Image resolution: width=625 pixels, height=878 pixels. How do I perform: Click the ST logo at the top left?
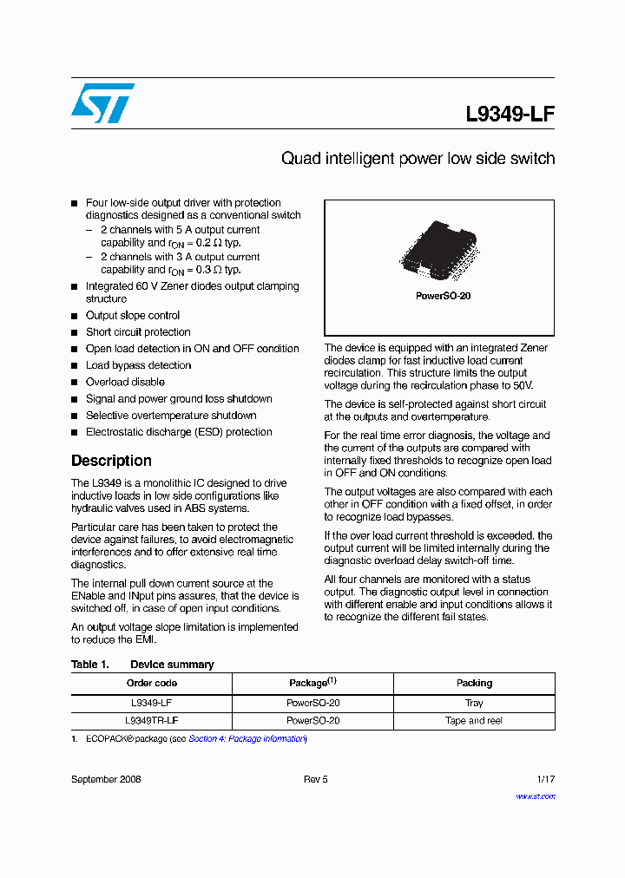tap(102, 103)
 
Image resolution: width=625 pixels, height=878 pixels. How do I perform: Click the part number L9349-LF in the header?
tap(510, 115)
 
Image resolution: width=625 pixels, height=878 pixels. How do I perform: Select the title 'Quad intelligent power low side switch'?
tap(418, 159)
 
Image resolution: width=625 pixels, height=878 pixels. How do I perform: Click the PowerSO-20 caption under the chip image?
tap(438, 296)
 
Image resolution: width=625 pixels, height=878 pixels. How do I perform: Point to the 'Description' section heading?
tap(111, 461)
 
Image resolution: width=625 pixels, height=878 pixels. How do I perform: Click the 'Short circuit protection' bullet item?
tap(138, 332)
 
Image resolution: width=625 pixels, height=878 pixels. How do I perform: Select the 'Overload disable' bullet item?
tap(125, 382)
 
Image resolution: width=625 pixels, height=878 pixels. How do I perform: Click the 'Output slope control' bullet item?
tap(133, 316)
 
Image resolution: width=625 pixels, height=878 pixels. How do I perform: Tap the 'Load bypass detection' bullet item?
tap(138, 365)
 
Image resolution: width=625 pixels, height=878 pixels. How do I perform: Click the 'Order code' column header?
tap(152, 684)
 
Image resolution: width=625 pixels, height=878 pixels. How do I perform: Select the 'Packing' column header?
tap(474, 684)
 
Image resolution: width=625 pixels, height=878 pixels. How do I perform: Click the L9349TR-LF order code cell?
tap(152, 721)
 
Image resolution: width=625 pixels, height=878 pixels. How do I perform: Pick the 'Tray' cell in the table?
tap(474, 704)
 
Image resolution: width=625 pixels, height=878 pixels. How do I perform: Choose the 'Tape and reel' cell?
tap(474, 721)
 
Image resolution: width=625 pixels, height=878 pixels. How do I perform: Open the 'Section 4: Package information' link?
tap(247, 739)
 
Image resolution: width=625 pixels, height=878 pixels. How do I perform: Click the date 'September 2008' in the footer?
tap(106, 779)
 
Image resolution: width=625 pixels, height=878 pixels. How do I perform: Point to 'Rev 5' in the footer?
tap(315, 779)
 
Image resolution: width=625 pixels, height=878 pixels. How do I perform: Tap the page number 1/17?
tap(545, 779)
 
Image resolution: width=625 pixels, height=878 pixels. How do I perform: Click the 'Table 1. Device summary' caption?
tap(142, 665)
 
